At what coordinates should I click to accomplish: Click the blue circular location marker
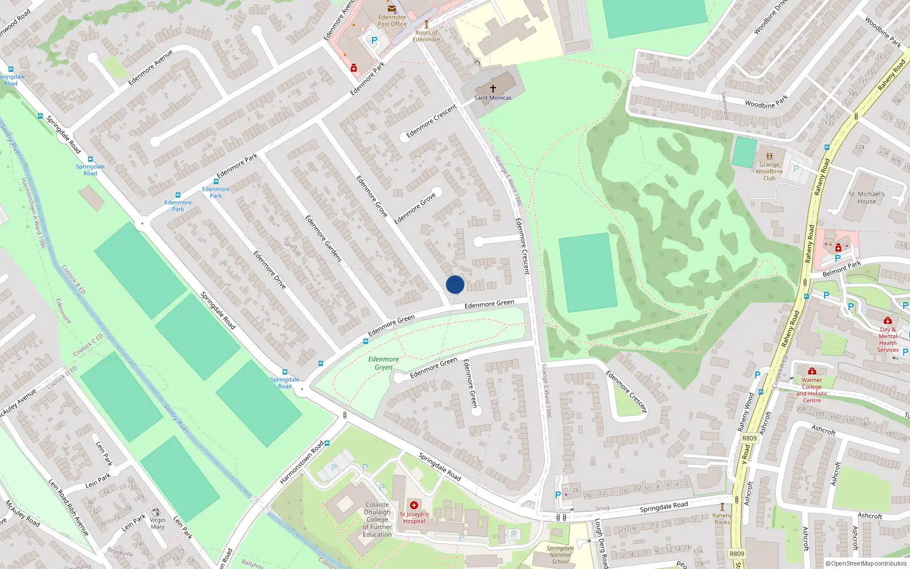pyautogui.click(x=455, y=284)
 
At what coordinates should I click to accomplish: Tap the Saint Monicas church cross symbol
pyautogui.click(x=493, y=89)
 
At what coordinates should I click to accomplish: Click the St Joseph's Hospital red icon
pyautogui.click(x=414, y=505)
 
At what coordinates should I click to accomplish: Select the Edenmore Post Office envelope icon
pyautogui.click(x=392, y=9)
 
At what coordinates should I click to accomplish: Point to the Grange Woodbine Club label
pyautogui.click(x=769, y=171)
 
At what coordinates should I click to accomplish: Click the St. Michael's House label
pyautogui.click(x=866, y=197)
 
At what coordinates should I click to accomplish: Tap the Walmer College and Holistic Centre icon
pyautogui.click(x=812, y=372)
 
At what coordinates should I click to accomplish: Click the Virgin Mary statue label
pyautogui.click(x=158, y=523)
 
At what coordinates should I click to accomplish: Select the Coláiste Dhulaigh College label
pyautogui.click(x=377, y=519)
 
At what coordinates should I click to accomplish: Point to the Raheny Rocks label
pyautogui.click(x=722, y=518)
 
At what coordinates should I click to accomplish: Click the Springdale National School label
pyautogui.click(x=560, y=555)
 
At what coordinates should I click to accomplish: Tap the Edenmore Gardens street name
pyautogui.click(x=323, y=238)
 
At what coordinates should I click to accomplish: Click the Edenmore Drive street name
pyautogui.click(x=270, y=270)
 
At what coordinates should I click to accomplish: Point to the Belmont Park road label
pyautogui.click(x=842, y=269)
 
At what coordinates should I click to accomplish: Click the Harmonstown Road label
pyautogui.click(x=301, y=463)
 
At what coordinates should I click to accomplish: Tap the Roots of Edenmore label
pyautogui.click(x=426, y=36)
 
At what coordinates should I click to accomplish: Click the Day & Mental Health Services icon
pyautogui.click(x=887, y=321)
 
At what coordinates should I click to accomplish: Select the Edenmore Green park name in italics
pyautogui.click(x=383, y=363)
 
